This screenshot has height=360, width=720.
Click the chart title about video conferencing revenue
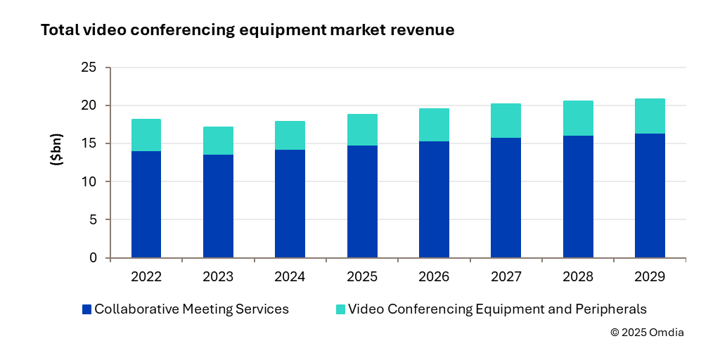[x=247, y=30]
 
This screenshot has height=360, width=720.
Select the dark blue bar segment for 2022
[x=146, y=204]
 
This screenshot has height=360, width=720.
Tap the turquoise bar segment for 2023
[x=218, y=141]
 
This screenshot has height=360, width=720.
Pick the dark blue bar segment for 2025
[x=362, y=201]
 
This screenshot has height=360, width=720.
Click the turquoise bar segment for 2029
[x=650, y=116]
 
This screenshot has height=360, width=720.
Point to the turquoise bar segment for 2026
[x=434, y=124]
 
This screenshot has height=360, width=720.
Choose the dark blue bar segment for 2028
[x=578, y=196]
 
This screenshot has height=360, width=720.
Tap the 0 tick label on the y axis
[x=94, y=258]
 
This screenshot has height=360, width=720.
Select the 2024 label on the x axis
[x=290, y=277]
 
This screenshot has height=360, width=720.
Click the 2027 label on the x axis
[x=506, y=277]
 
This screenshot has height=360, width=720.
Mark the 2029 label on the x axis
[x=650, y=277]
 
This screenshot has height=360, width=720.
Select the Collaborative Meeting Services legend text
[x=191, y=309]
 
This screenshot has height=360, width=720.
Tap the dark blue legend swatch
[x=87, y=309]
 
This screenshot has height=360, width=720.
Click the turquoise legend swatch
[x=341, y=309]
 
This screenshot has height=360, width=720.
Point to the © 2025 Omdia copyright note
[x=647, y=333]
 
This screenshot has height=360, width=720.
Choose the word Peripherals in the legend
[x=611, y=309]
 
